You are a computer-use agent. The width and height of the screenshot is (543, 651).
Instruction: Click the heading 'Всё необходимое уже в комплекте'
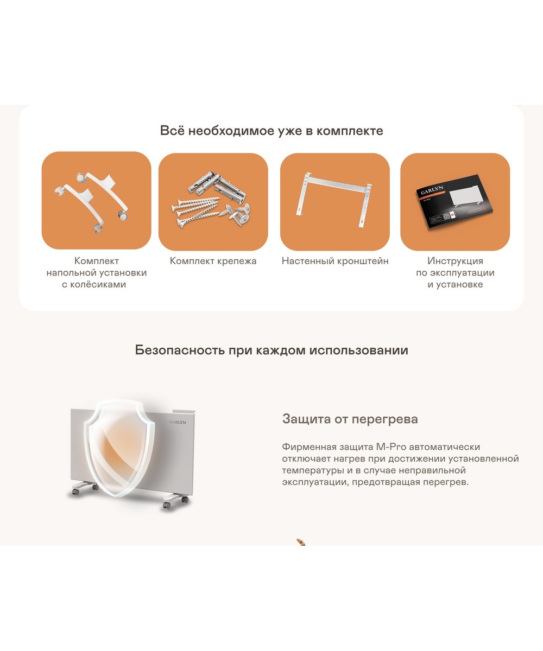click(x=271, y=131)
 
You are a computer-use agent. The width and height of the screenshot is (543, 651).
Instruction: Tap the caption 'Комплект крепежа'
click(x=213, y=261)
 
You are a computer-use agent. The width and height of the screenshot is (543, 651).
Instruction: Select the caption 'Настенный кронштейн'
click(x=335, y=261)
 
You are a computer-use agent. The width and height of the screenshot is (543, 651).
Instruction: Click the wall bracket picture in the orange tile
click(x=334, y=200)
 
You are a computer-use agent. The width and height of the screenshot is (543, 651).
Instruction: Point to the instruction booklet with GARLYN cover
click(x=454, y=202)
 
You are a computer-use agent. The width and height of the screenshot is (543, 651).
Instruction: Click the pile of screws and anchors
click(x=211, y=199)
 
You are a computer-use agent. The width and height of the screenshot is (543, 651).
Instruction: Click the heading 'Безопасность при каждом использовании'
click(x=271, y=350)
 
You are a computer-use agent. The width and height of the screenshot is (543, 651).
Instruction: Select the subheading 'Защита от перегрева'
click(x=350, y=419)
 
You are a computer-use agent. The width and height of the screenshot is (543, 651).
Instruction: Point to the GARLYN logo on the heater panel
click(x=178, y=422)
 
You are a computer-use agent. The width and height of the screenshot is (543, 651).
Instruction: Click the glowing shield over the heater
click(x=120, y=448)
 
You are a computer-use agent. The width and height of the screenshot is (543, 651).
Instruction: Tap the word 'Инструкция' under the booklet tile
click(x=456, y=260)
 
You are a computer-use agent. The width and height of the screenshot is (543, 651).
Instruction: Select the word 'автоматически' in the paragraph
click(x=444, y=447)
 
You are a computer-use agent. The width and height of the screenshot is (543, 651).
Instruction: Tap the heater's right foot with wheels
click(x=175, y=501)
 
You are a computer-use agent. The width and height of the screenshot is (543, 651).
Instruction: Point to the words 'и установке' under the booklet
click(x=456, y=284)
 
